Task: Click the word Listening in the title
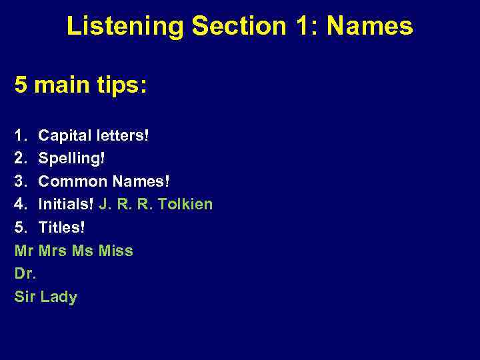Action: (x=125, y=27)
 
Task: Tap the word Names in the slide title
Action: (x=369, y=27)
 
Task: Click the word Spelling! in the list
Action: (x=72, y=159)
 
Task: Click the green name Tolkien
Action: (x=186, y=204)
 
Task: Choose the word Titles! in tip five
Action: (x=62, y=227)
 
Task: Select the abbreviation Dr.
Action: (x=25, y=273)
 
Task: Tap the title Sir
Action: (x=24, y=297)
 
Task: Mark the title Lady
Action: (x=59, y=297)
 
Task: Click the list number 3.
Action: (x=19, y=181)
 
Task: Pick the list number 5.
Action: (x=19, y=227)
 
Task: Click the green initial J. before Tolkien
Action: (x=104, y=204)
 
